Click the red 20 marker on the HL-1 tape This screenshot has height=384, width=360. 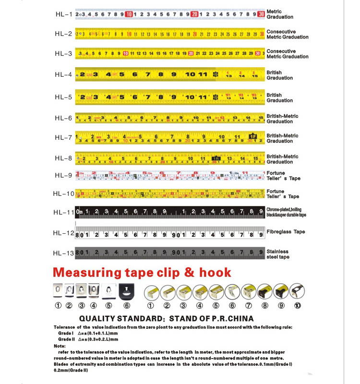coord(194,14)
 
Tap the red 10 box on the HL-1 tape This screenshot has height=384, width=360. coord(129,14)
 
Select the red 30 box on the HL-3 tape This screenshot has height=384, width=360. coord(258,53)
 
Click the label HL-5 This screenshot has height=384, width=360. coord(63,97)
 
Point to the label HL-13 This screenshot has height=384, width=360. coord(63,253)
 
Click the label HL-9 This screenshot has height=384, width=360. coord(63,175)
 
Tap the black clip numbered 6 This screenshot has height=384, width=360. coord(126,290)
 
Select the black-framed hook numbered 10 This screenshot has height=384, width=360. coord(297,291)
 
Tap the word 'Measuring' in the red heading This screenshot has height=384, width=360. coord(87,273)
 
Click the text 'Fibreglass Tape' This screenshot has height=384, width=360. coord(286,232)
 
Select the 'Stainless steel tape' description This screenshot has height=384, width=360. coord(278,254)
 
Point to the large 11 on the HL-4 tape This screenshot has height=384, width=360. coord(203,74)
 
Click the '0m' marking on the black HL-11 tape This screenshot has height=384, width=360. coord(80,212)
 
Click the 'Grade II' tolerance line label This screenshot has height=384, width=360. coord(67,338)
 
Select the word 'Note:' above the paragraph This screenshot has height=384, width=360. coord(60,345)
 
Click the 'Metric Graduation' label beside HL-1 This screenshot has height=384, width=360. coord(280,14)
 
